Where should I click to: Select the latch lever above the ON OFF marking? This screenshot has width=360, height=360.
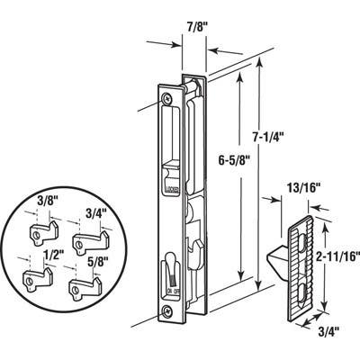click(x=171, y=267)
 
